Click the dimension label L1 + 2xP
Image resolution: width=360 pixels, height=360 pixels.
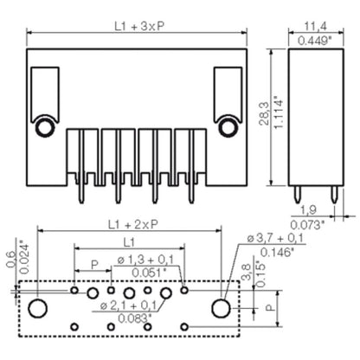pos(127,224)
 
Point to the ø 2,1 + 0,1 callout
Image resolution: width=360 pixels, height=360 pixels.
pos(130,305)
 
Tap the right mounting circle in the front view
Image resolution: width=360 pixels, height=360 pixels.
pos(228,128)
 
